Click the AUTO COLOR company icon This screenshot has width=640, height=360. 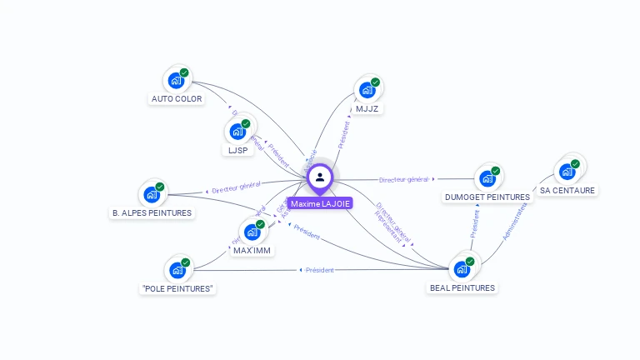[176, 80]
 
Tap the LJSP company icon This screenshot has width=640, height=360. [237, 132]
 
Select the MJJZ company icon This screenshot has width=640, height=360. [367, 90]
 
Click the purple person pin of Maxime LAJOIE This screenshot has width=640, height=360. [320, 177]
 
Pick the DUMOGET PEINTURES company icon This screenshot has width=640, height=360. [487, 179]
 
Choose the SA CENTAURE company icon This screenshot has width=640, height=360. [567, 172]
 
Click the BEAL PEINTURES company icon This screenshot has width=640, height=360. [462, 269]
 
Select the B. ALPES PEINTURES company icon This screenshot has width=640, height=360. [152, 194]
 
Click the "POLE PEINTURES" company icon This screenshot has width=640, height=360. [177, 270]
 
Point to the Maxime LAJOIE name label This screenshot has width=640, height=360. [320, 203]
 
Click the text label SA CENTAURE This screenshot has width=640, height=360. [567, 190]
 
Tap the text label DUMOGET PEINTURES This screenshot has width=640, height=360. [487, 197]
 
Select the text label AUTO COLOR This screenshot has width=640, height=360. [177, 98]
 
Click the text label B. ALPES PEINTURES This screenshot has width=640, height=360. [152, 212]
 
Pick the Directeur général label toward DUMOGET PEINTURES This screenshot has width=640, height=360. [403, 179]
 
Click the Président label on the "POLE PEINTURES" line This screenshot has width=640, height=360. [319, 270]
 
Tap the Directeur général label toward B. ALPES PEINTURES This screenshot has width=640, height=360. [236, 187]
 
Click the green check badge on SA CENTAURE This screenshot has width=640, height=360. [575, 164]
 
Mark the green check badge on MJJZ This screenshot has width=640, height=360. [375, 82]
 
